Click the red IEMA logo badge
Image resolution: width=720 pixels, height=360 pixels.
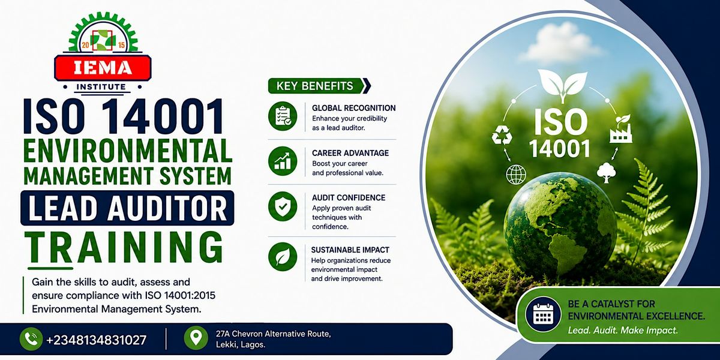[103, 68]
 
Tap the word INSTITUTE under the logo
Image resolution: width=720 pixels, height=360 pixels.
[101, 87]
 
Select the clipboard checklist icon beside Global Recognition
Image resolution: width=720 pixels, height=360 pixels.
[283, 116]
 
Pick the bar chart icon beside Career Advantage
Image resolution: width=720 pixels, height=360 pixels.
[283, 161]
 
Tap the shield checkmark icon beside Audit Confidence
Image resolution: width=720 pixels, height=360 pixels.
[283, 206]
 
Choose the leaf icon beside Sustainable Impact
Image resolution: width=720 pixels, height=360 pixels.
[283, 257]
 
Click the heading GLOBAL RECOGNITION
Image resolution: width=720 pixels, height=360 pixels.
[354, 108]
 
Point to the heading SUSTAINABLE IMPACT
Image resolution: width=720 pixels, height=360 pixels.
[350, 250]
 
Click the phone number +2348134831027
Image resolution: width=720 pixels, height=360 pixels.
[97, 340]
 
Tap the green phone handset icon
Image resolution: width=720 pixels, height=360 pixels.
[31, 339]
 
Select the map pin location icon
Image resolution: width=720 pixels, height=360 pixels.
[196, 338]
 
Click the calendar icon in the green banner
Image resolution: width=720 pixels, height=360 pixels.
[543, 314]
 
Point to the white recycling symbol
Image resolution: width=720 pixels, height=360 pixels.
[502, 134]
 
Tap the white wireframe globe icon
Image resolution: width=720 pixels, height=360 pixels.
[516, 175]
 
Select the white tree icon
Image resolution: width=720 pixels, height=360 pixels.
[607, 173]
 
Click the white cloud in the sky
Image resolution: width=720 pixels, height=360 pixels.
[559, 43]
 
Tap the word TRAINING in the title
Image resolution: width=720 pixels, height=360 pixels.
[124, 247]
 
